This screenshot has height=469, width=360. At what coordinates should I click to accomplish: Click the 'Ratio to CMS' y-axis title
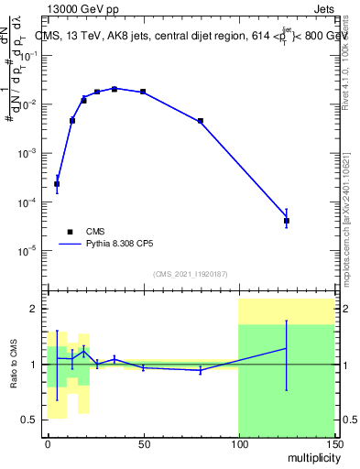click(13, 365)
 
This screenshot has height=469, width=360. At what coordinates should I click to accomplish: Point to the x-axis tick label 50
click(143, 443)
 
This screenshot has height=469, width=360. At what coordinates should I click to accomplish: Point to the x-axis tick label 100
click(238, 443)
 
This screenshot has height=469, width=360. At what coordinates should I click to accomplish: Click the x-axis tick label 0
click(48, 443)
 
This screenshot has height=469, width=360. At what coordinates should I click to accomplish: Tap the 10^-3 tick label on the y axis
click(32, 153)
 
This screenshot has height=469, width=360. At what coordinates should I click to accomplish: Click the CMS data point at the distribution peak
click(115, 89)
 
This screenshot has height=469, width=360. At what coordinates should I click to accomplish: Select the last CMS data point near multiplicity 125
click(287, 221)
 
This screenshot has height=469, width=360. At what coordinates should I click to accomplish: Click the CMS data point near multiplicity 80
click(200, 121)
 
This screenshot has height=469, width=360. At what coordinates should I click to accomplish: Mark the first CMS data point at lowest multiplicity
click(57, 184)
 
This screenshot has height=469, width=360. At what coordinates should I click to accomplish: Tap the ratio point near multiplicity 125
click(287, 348)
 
